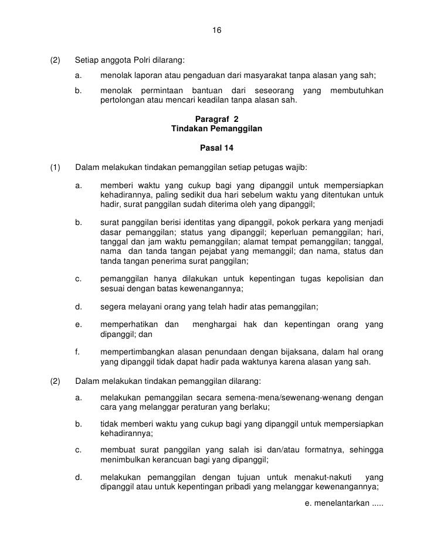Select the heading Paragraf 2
216,118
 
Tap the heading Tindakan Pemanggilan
216,128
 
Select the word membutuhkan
357,91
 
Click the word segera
113,307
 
